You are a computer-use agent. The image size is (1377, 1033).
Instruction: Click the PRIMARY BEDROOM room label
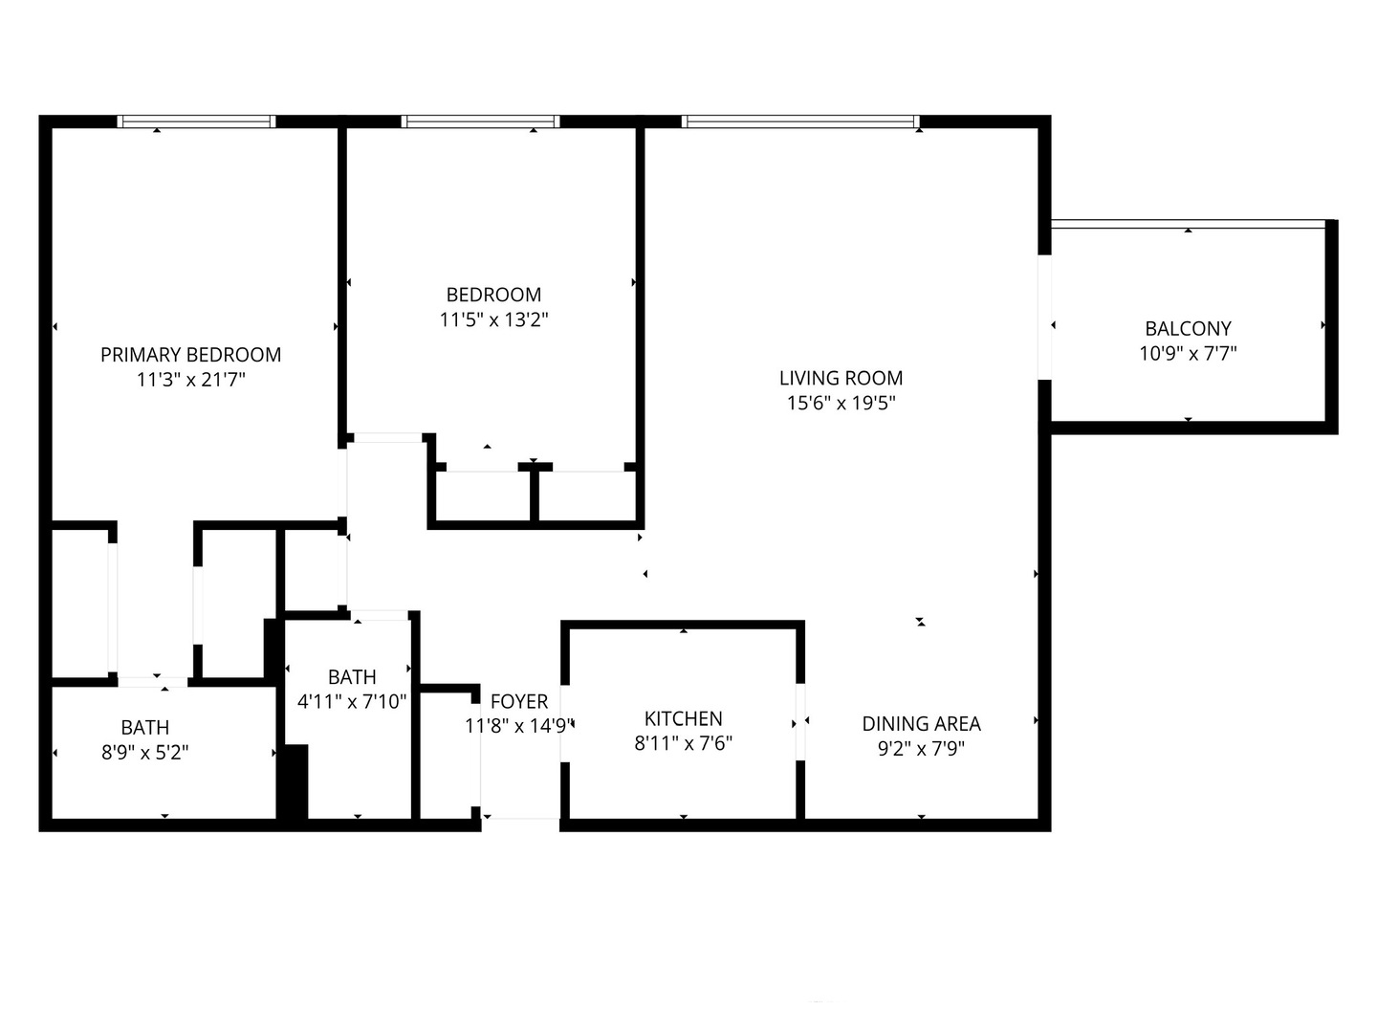point(190,355)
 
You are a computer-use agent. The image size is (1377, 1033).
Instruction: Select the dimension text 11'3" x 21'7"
point(190,380)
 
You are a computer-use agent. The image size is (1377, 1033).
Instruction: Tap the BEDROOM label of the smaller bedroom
point(493,295)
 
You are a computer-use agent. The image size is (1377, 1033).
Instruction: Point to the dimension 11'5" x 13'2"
point(493,319)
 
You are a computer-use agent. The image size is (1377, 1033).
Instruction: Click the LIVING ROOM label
point(841,378)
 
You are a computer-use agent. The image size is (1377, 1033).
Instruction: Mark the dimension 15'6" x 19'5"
point(841,403)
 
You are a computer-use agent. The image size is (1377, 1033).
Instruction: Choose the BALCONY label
point(1188,328)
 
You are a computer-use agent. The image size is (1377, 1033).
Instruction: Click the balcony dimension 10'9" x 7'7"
point(1188,353)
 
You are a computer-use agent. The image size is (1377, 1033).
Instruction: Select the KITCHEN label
point(683,718)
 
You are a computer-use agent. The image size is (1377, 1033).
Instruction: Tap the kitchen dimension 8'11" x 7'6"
point(683,743)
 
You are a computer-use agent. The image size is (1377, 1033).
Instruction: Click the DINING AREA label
point(921,724)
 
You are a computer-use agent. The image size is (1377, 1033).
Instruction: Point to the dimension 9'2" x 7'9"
point(921,748)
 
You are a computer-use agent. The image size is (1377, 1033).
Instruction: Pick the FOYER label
point(519,701)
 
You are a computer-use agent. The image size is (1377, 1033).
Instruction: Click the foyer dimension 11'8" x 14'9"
point(519,726)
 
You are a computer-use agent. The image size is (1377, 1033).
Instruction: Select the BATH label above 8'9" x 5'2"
point(144,728)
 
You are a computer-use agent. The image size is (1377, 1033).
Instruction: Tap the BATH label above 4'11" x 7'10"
point(352,677)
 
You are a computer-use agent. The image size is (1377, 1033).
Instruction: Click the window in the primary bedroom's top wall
point(196,121)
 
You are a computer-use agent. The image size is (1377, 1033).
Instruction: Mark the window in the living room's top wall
point(800,121)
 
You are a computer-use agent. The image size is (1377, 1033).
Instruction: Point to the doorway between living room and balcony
point(1045,317)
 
